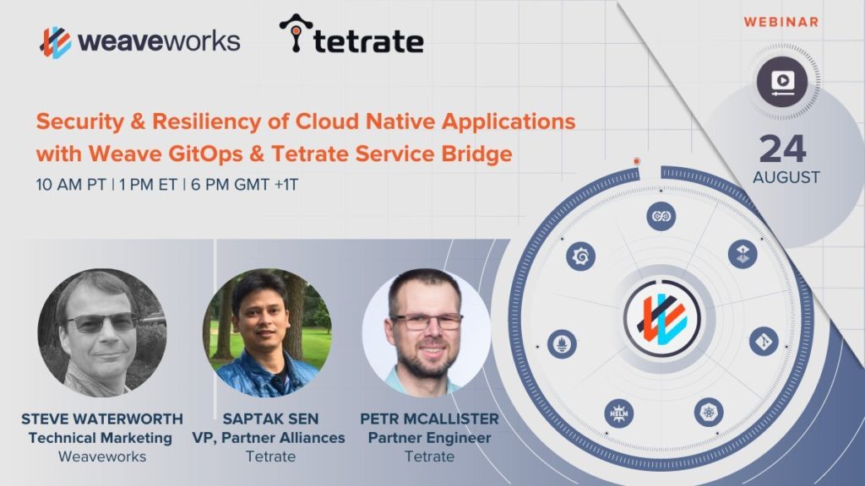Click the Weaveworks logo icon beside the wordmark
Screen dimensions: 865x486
(x=56, y=42)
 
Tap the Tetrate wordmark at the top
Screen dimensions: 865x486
(x=368, y=41)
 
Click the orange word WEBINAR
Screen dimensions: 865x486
(x=781, y=22)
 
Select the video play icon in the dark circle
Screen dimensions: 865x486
(x=782, y=82)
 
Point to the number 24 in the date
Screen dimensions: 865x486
(x=783, y=148)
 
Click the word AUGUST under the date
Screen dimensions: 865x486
(x=786, y=177)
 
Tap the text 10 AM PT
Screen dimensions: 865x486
(x=71, y=185)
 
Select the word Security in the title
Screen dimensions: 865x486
(x=80, y=122)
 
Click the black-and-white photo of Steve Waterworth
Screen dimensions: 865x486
(x=102, y=332)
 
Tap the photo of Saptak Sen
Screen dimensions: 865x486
(x=267, y=332)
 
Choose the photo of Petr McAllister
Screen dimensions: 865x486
(x=426, y=332)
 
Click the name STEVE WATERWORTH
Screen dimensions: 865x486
(x=102, y=418)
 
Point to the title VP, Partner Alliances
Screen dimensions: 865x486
(x=269, y=438)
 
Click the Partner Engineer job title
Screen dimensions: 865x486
(x=429, y=438)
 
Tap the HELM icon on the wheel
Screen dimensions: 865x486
(x=618, y=413)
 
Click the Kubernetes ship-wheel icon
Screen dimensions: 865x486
(x=709, y=412)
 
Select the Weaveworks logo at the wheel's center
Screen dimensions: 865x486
(x=662, y=318)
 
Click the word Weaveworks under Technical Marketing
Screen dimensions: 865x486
(x=102, y=456)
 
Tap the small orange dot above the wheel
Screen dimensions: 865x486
(x=637, y=161)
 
